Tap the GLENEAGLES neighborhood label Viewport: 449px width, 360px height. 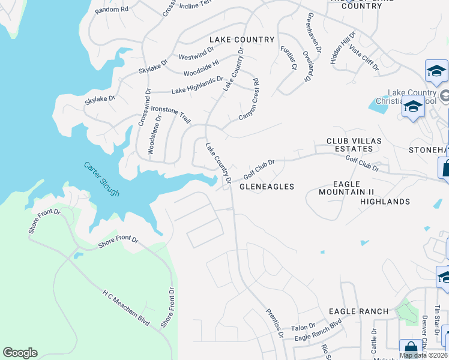[x=267, y=187]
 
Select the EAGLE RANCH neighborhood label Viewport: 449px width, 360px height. [x=358, y=312]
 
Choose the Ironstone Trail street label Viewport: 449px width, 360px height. [x=170, y=114]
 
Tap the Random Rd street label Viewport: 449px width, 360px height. [x=112, y=9]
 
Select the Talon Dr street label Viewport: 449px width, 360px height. [x=303, y=327]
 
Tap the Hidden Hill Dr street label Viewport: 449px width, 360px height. [x=343, y=48]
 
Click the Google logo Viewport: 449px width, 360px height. [x=20, y=353]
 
